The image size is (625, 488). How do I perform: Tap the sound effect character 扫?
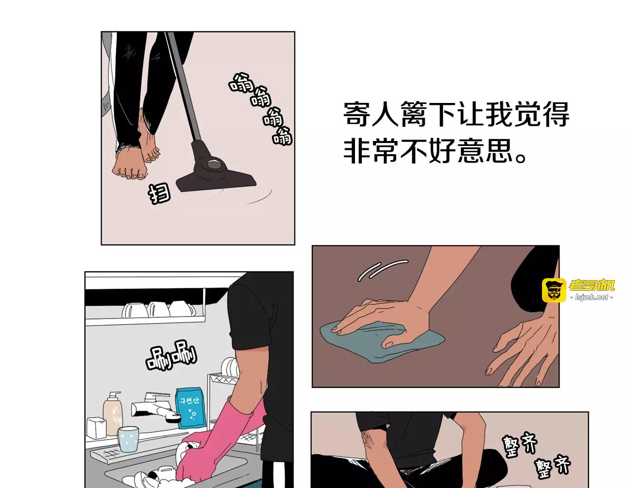159,193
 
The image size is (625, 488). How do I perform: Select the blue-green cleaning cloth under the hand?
382,342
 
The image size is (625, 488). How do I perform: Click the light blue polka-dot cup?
128,439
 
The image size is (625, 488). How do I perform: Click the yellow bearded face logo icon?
554,290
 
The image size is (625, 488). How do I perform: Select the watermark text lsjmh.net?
591,298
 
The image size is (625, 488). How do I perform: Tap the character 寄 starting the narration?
356,114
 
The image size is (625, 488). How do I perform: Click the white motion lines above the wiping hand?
382,270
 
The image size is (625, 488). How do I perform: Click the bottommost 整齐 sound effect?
553,468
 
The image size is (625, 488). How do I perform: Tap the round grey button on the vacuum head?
214,164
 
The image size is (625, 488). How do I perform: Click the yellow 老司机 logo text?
592,285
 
